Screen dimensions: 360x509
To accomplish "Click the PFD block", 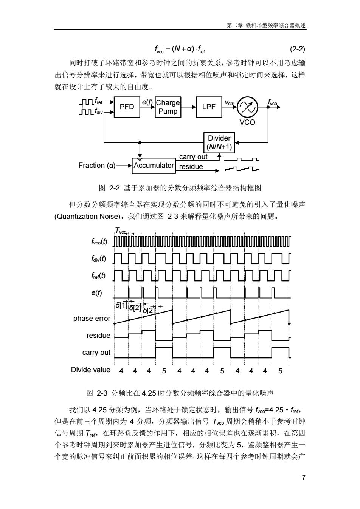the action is [x=127, y=107].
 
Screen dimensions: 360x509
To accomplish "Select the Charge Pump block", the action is [x=168, y=107].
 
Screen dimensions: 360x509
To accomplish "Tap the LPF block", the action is [x=209, y=107].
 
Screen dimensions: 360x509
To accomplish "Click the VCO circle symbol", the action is [x=247, y=107].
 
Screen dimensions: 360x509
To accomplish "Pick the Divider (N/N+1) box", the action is [x=219, y=143].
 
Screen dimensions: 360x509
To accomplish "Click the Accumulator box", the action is [x=154, y=166].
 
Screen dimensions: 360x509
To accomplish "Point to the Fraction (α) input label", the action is [x=97, y=166].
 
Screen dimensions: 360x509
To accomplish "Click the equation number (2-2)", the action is [x=297, y=49].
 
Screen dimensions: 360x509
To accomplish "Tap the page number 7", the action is [x=303, y=477].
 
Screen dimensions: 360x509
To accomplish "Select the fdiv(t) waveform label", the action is [x=99, y=259].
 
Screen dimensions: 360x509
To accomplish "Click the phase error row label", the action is [x=92, y=319].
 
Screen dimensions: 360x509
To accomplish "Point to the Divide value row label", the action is [x=90, y=370].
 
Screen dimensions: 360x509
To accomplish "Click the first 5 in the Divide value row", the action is [x=164, y=371].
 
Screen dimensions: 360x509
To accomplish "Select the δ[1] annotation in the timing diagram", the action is [x=121, y=305].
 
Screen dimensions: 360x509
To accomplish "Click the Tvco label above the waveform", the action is [x=121, y=231].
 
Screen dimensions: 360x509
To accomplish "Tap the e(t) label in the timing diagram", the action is [x=97, y=293].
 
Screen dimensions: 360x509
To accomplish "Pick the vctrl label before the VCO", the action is [x=230, y=103].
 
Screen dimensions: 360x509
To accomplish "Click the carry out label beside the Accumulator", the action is [x=193, y=157].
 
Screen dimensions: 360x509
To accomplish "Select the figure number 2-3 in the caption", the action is [x=102, y=393].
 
